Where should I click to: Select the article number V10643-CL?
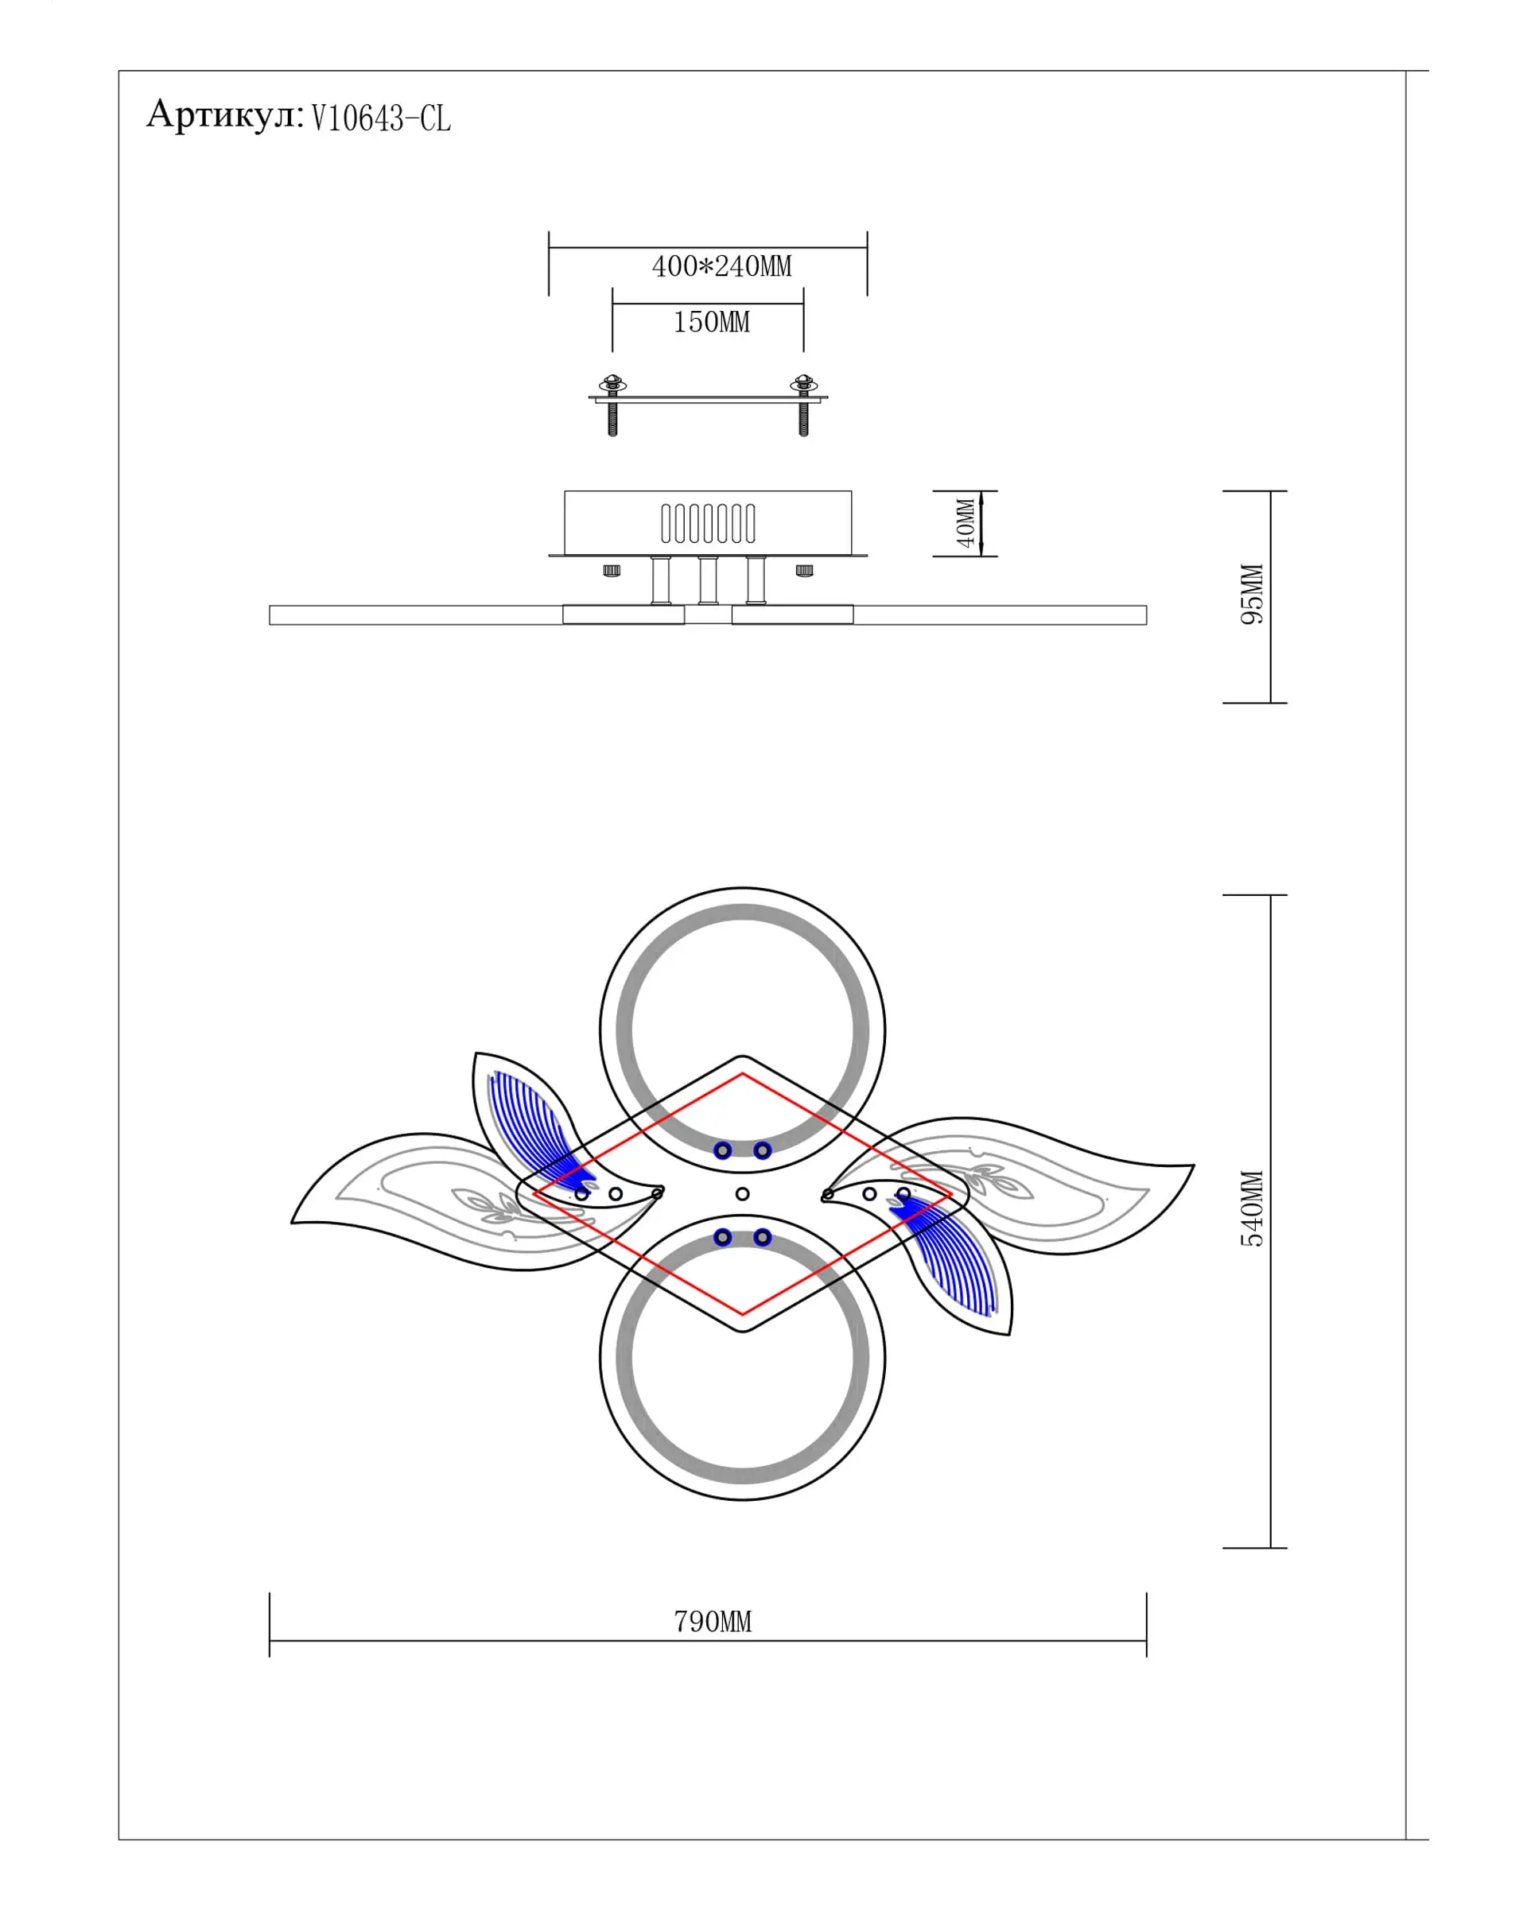(x=381, y=118)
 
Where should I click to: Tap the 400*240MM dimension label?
(x=721, y=266)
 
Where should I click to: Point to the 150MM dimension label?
(x=711, y=322)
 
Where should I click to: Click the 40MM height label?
(x=966, y=523)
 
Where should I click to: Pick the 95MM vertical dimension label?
(x=1252, y=594)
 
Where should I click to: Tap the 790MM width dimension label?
(x=713, y=1621)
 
